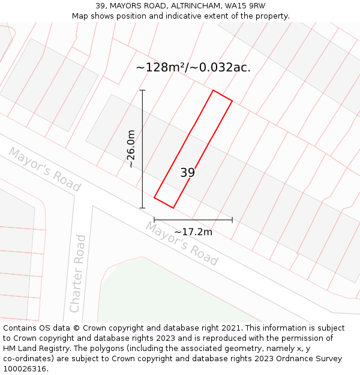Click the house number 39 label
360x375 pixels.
pyautogui.click(x=187, y=173)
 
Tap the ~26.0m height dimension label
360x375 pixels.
pyautogui.click(x=131, y=149)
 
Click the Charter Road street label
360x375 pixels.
pyautogui.click(x=78, y=274)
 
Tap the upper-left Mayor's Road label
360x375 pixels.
pyautogui.click(x=44, y=170)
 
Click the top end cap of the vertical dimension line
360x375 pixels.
pyautogui.click(x=142, y=91)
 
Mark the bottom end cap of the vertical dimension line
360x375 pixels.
pyautogui.click(x=142, y=208)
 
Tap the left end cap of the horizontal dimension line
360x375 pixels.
pyautogui.click(x=154, y=220)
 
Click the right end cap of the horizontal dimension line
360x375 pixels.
pyautogui.click(x=232, y=220)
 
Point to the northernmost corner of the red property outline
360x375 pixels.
pyautogui.click(x=213, y=91)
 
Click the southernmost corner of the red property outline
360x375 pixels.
pyautogui.click(x=173, y=208)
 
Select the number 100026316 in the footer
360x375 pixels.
pyautogui.click(x=23, y=369)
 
